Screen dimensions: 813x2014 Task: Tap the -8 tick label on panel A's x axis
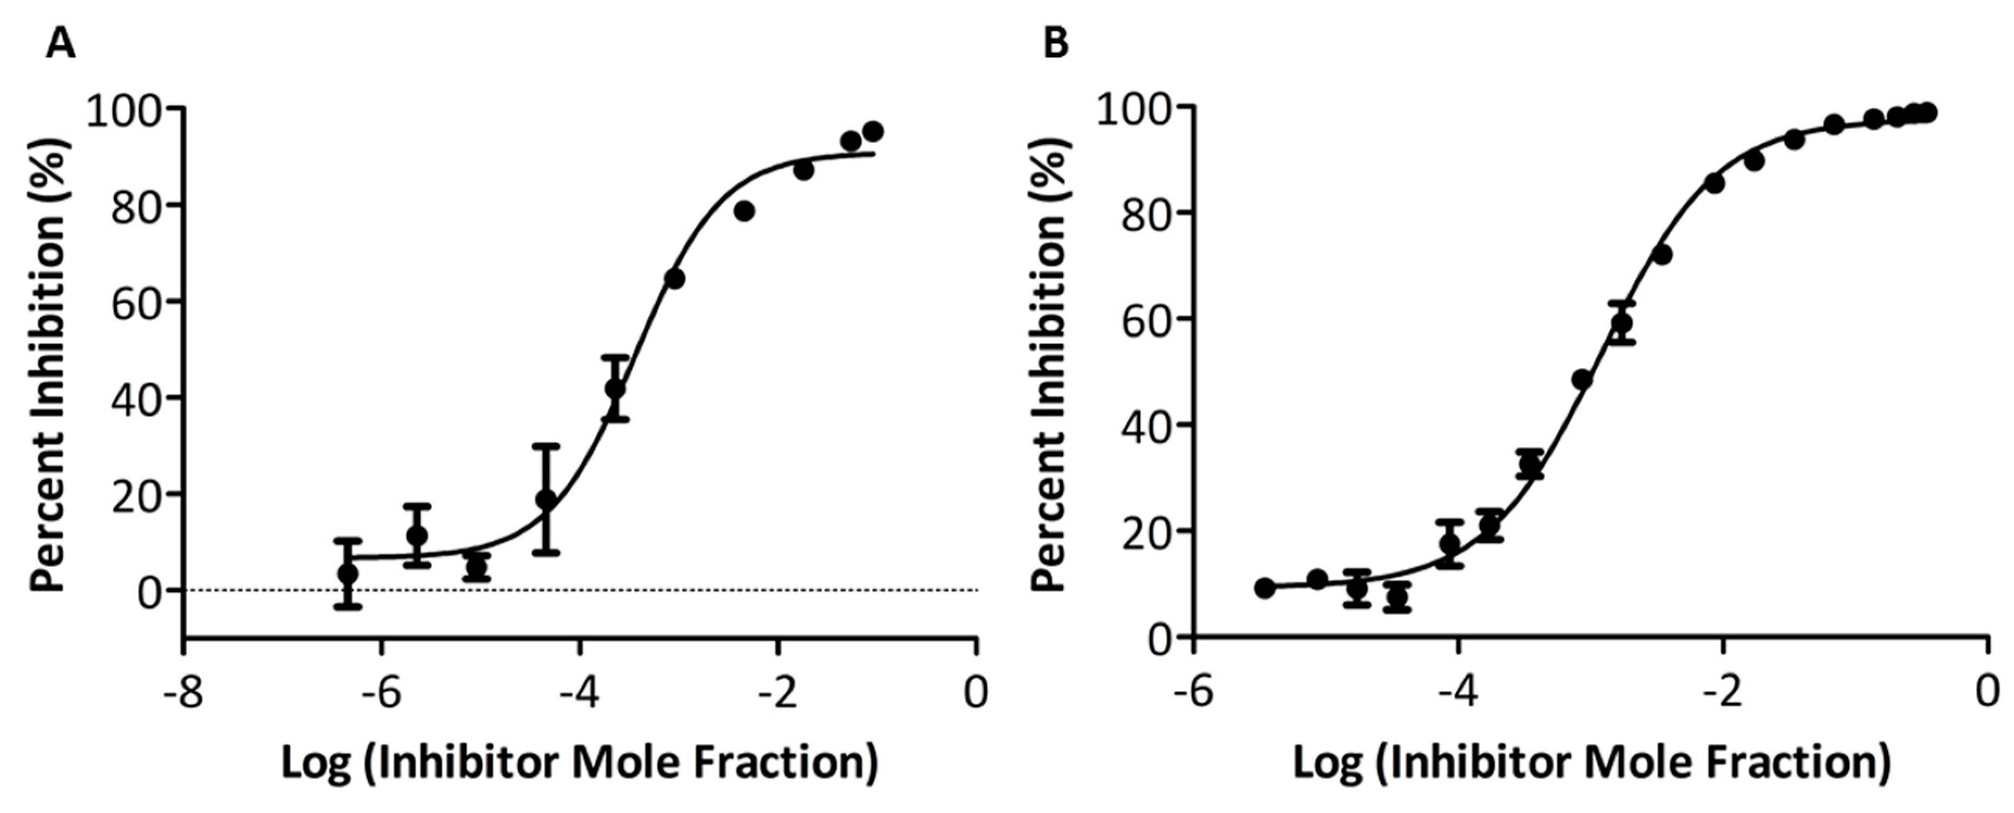(x=182, y=692)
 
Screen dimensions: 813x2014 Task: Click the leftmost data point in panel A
(x=348, y=574)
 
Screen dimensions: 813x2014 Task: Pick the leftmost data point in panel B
(x=1264, y=588)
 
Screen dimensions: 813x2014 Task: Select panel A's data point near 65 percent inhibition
(x=675, y=278)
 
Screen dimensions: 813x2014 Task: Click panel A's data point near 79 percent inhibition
(x=744, y=211)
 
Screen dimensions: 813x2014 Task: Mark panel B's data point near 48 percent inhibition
(x=1582, y=379)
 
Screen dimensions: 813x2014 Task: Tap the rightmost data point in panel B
(x=1928, y=112)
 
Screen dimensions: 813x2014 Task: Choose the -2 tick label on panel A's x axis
(x=777, y=692)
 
